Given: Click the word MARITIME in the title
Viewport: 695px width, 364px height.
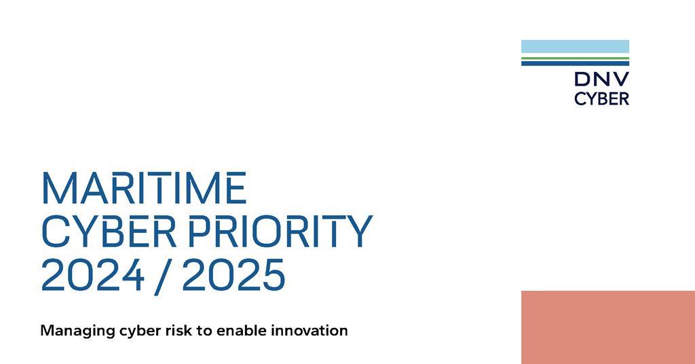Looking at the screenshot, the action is pyautogui.click(x=144, y=188).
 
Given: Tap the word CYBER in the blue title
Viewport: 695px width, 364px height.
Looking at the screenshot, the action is pyautogui.click(x=109, y=231).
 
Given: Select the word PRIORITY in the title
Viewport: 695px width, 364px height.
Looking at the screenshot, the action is pyautogui.click(x=280, y=231).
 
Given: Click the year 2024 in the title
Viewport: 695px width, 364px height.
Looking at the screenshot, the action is pyautogui.click(x=92, y=274).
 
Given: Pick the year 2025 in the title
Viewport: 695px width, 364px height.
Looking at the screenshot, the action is pyautogui.click(x=233, y=274).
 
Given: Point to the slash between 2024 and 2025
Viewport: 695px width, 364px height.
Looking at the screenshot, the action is pyautogui.click(x=163, y=276).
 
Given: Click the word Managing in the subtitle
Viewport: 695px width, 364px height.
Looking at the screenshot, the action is pyautogui.click(x=77, y=331).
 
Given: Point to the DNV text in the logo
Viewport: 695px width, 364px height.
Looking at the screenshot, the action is pyautogui.click(x=601, y=79).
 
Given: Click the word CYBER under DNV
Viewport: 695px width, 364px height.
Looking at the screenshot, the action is pyautogui.click(x=601, y=98).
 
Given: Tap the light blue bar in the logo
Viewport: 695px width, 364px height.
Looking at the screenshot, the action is pyautogui.click(x=575, y=47).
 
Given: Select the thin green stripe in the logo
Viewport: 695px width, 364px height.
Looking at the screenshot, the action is pyautogui.click(x=575, y=58).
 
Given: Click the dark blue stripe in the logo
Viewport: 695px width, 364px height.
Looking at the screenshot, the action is pyautogui.click(x=575, y=63).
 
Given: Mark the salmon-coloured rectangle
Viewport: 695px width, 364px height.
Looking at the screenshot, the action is pyautogui.click(x=608, y=327).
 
